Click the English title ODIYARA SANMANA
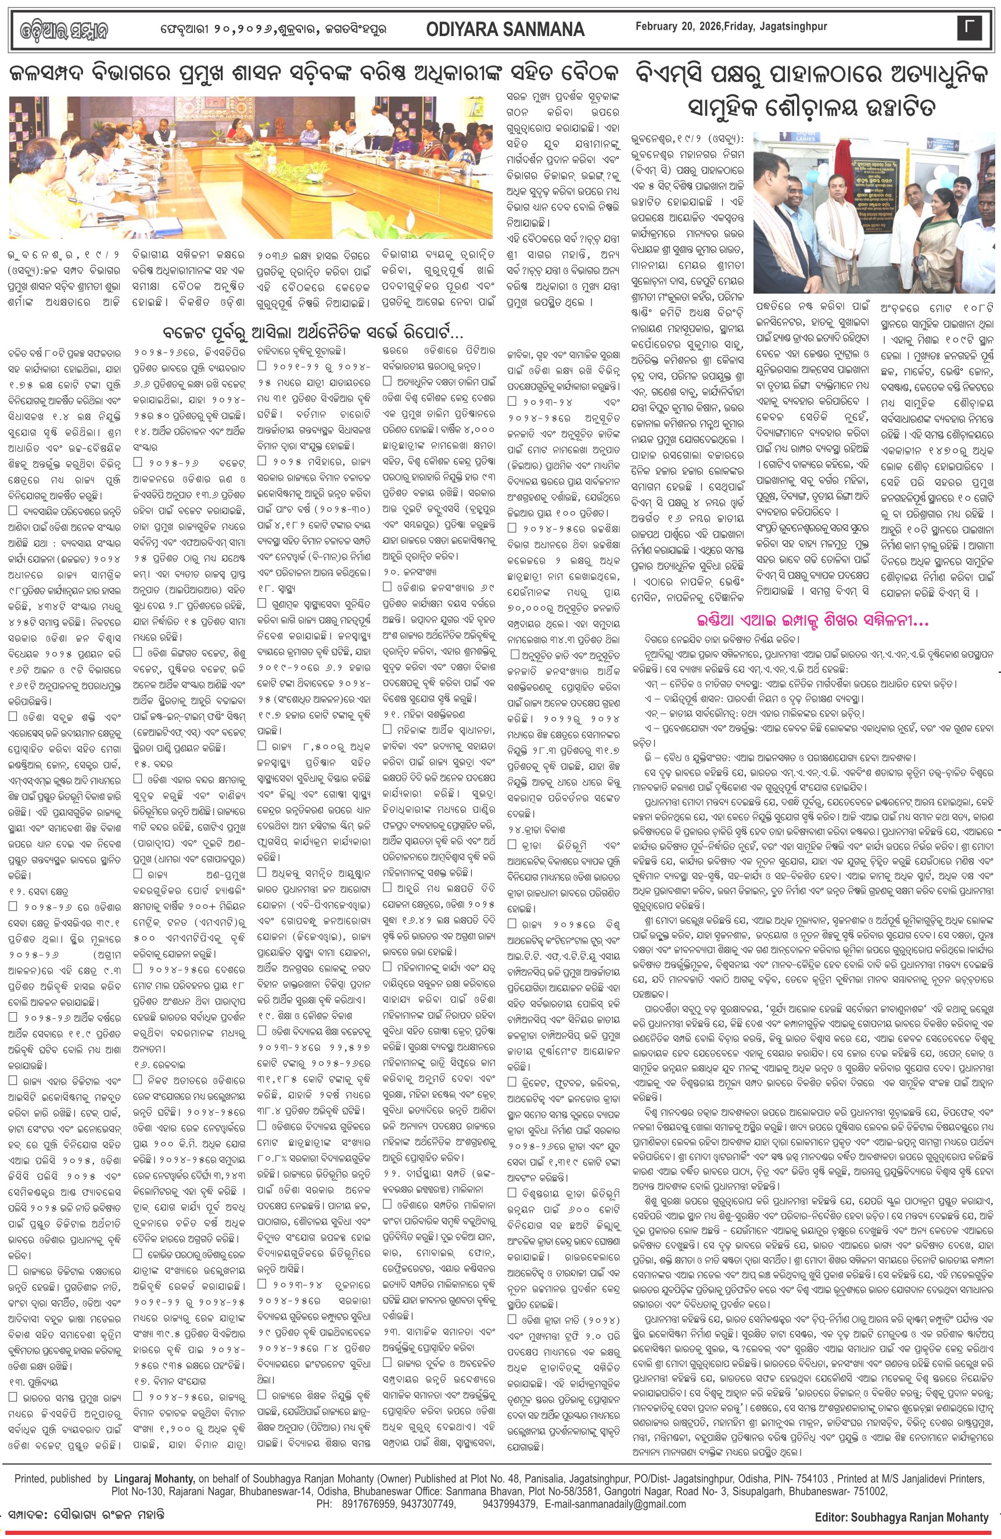point(505,29)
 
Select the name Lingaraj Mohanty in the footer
point(155,1478)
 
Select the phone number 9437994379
point(510,1504)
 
